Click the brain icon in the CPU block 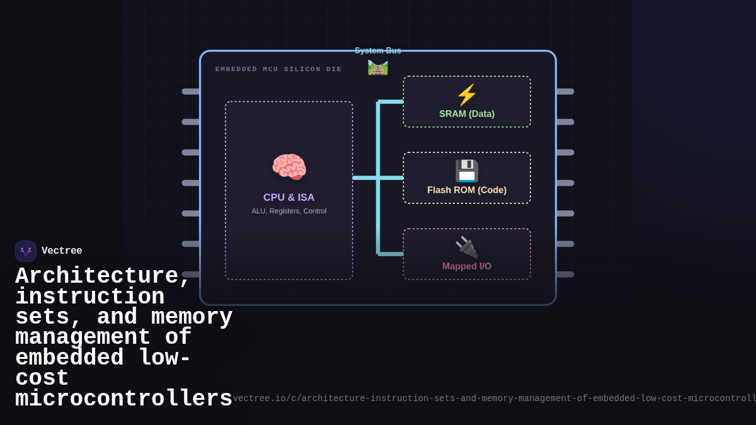point(289,167)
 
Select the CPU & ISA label point(289,197)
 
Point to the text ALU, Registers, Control point(289,211)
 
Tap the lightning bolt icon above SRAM point(467,95)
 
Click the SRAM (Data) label point(467,114)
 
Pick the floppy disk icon point(467,171)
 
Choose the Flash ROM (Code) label point(467,190)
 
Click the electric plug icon point(467,247)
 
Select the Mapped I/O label point(467,266)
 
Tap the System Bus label point(378,50)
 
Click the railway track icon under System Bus point(378,67)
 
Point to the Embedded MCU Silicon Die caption point(278,69)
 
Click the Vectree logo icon point(26,251)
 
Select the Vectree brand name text point(62,251)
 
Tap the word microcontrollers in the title point(123,399)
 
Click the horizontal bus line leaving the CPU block point(365,178)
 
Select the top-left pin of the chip point(191,91)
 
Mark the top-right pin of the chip point(565,91)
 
